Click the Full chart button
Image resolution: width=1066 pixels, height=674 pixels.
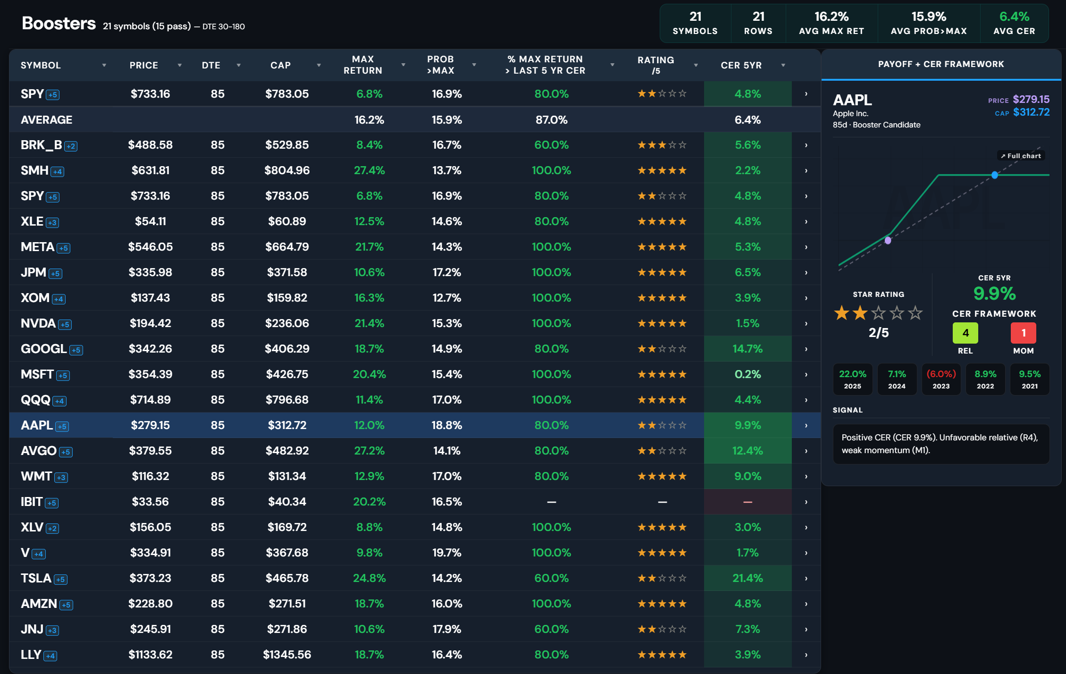pos(1021,156)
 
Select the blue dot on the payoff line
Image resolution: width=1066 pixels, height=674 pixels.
pos(995,175)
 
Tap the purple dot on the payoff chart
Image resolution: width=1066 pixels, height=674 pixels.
pos(888,240)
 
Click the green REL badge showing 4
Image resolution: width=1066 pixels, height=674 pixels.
pos(965,333)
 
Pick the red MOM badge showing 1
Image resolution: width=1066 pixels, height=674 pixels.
pos(1024,333)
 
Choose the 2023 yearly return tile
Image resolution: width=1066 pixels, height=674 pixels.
pos(941,379)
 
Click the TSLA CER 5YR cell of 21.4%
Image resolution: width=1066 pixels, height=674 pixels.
pos(747,578)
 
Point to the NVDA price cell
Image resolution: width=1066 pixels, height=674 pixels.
pos(151,323)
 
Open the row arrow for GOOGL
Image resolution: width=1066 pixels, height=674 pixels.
pos(806,349)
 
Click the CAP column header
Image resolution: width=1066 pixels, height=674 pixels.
pos(280,65)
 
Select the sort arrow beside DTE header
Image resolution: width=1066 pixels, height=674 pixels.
pos(239,65)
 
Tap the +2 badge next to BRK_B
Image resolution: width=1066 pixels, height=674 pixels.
pos(71,146)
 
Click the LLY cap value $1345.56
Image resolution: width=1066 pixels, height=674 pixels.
pos(287,655)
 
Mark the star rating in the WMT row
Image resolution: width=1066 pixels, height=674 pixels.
pos(662,476)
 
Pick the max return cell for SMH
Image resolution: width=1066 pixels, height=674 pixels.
pos(369,170)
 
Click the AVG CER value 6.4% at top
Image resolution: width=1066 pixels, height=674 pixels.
pos(1014,17)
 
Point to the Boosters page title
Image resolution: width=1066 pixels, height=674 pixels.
pos(59,23)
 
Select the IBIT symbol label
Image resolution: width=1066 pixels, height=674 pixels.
pos(32,502)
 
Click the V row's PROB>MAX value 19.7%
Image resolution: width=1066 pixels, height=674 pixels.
pos(446,553)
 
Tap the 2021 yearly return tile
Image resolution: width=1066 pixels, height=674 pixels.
pos(1030,379)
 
